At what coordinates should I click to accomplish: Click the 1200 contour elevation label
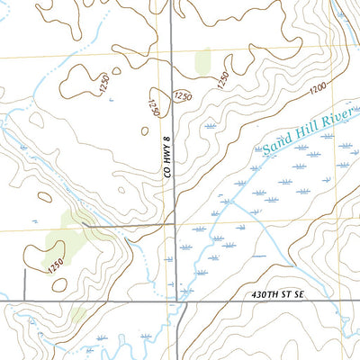pyautogui.click(x=316, y=89)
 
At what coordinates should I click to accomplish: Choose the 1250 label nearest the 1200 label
pyautogui.click(x=220, y=80)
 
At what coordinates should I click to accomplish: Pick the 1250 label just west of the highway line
pyautogui.click(x=155, y=108)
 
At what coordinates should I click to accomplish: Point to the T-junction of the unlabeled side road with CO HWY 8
pyautogui.click(x=173, y=222)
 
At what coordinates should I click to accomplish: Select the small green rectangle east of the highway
pyautogui.click(x=202, y=61)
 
